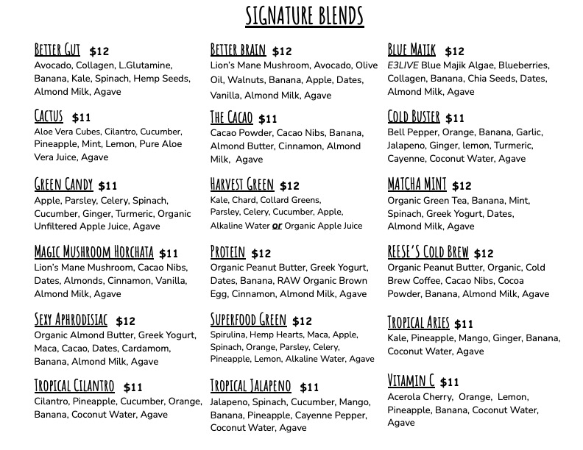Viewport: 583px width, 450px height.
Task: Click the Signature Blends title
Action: pos(304,15)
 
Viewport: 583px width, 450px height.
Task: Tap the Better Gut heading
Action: pos(57,50)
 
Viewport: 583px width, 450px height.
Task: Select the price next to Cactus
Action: pos(81,118)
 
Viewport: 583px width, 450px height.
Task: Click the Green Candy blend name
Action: pos(64,185)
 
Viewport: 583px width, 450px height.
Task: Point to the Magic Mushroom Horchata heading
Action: pos(94,252)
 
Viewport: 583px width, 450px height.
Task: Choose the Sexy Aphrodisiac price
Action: pos(126,321)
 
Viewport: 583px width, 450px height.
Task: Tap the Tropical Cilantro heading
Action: pos(74,386)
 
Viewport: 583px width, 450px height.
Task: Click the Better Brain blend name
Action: pos(238,50)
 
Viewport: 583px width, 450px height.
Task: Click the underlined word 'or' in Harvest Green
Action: pos(278,226)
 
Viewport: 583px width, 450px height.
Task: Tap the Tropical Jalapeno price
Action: pos(310,387)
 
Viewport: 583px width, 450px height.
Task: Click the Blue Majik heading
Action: pos(412,50)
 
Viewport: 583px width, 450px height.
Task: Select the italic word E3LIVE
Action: pos(402,65)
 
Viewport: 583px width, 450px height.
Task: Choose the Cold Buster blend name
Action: pos(414,117)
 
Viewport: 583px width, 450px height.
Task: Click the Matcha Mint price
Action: pos(462,186)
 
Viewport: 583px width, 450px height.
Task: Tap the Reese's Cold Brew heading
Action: pos(428,252)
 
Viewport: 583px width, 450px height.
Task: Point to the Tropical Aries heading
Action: pos(418,323)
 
